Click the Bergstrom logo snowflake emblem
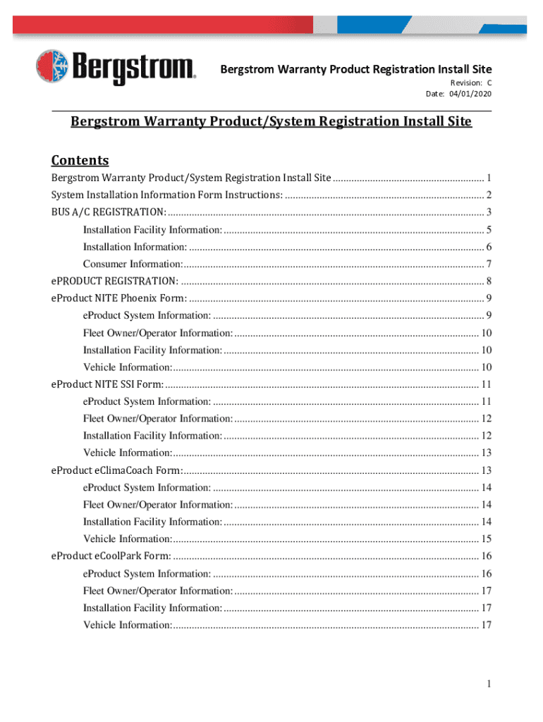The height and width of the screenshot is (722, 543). pyautogui.click(x=53, y=67)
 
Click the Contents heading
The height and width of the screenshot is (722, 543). pyautogui.click(x=80, y=160)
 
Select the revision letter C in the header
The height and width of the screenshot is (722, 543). pyautogui.click(x=489, y=83)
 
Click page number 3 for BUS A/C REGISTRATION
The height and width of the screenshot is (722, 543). pyautogui.click(x=488, y=212)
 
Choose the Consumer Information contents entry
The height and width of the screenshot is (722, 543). pyautogui.click(x=133, y=264)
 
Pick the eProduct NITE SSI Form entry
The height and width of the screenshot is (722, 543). pyautogui.click(x=107, y=384)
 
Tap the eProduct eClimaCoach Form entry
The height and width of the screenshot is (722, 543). pyautogui.click(x=117, y=470)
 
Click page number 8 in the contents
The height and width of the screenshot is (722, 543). pyautogui.click(x=488, y=281)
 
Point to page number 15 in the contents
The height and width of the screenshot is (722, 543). pyautogui.click(x=486, y=539)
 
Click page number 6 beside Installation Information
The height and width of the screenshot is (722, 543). pyautogui.click(x=488, y=247)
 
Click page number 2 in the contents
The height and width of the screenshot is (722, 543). pyautogui.click(x=488, y=195)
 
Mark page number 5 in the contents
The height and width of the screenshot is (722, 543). pyautogui.click(x=488, y=230)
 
